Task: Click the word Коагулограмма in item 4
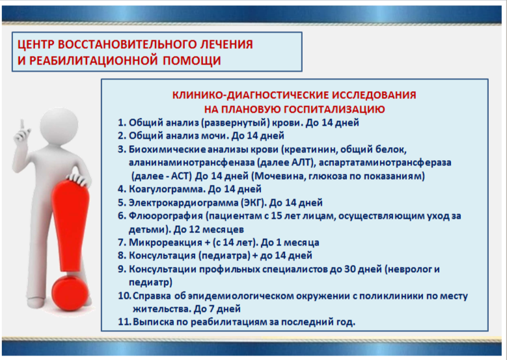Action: (x=167, y=189)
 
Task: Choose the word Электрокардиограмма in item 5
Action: (x=184, y=203)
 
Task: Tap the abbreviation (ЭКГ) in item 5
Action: (x=254, y=203)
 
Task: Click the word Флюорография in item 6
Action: (x=165, y=216)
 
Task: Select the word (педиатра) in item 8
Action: (x=224, y=256)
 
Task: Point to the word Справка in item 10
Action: (x=152, y=296)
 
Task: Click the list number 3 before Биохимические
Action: (x=120, y=150)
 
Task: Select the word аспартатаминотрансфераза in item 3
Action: (x=385, y=162)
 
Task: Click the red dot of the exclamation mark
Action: (x=70, y=295)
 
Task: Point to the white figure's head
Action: (x=59, y=125)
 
